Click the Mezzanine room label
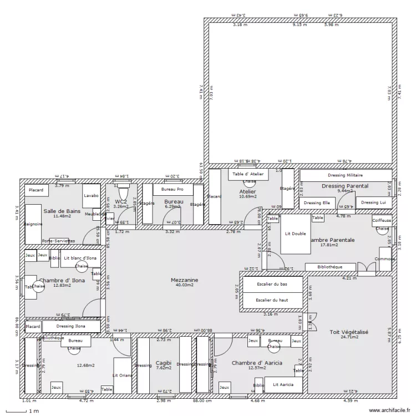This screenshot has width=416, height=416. tap(185, 280)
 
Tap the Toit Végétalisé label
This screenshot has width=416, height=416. tap(349, 332)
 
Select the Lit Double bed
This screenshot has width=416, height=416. tap(296, 234)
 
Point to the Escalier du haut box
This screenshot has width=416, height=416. tap(272, 300)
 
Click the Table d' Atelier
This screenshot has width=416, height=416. tap(248, 174)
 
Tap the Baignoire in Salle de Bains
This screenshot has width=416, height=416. tap(33, 224)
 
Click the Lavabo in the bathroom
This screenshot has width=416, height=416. tap(91, 196)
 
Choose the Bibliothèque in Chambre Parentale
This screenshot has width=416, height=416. tap(330, 267)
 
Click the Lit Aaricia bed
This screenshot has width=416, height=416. tap(283, 384)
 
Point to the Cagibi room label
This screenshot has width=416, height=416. tap(164, 360)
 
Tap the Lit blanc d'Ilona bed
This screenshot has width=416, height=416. tap(80, 258)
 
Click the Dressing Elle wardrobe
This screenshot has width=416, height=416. tap(316, 203)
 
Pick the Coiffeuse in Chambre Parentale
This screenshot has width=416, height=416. tap(382, 220)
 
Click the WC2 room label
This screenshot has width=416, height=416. tap(121, 201)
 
